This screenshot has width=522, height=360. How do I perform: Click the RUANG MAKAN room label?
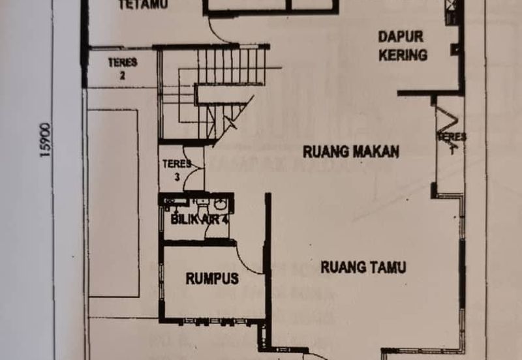(351, 152)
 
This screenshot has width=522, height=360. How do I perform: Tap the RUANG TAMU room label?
(363, 267)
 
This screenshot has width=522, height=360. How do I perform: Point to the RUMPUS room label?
(212, 279)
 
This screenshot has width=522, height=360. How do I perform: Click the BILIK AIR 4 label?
(200, 220)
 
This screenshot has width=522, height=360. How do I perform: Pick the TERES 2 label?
(123, 68)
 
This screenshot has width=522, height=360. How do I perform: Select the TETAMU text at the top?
(144, 5)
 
